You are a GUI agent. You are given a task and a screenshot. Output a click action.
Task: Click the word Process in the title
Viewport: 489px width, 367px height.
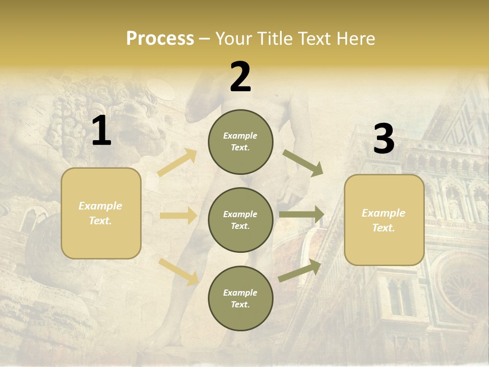coord(160,38)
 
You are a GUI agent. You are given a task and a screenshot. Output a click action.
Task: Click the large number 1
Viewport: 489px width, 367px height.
coord(101,131)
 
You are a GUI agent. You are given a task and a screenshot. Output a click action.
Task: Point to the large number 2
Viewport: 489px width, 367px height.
coord(240,77)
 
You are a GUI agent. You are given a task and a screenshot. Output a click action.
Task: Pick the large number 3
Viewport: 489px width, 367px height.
coord(384,139)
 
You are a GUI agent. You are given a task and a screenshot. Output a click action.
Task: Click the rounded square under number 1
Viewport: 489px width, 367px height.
coord(101,213)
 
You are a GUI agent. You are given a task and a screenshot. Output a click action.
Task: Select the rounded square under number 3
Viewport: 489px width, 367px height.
coord(384,220)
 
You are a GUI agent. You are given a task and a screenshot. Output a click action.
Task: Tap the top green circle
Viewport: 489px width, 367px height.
coord(240,142)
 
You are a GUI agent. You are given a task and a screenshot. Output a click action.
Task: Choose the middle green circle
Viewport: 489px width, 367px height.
coord(240,220)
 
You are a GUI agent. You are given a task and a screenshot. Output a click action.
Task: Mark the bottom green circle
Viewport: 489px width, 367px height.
coord(240,298)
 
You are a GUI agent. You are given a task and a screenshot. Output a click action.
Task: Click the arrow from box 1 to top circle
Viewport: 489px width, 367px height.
coord(177,163)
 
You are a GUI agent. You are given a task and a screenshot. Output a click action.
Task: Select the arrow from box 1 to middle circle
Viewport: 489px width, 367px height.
coord(178,216)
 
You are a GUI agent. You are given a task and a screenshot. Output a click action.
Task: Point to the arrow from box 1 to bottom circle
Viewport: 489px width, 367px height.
coord(179,271)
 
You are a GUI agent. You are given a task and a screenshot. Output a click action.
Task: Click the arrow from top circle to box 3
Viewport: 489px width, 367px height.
coord(303,163)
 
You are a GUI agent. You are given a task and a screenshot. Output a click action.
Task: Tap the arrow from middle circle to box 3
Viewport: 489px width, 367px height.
coord(302,214)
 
